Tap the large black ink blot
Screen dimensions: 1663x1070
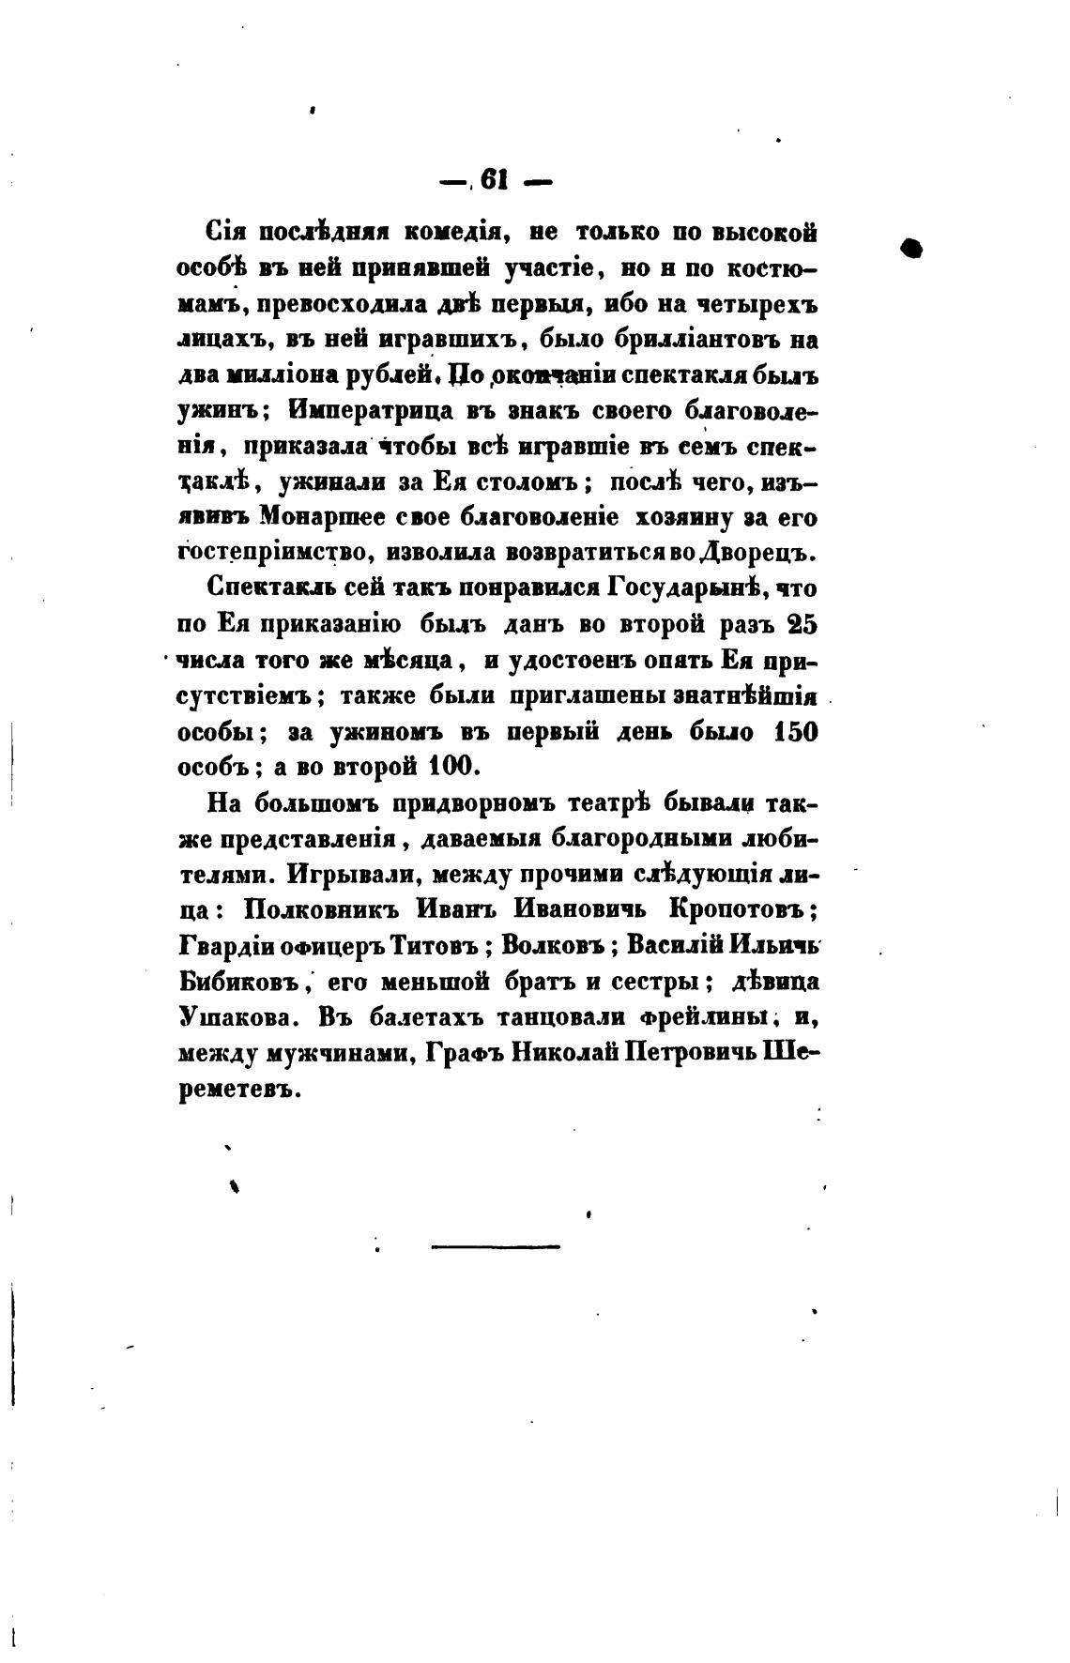coord(910,248)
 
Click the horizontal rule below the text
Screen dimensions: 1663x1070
coord(496,1246)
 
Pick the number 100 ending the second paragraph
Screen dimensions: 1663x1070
coord(453,767)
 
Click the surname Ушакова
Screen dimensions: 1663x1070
coord(237,1017)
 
